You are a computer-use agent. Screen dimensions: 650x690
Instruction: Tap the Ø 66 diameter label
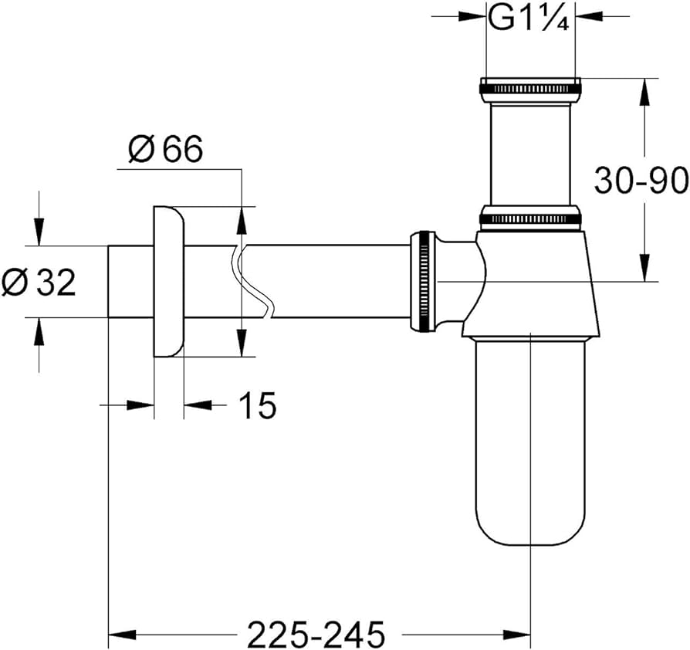click(x=166, y=150)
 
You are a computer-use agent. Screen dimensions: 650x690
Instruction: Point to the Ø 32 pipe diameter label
click(x=39, y=283)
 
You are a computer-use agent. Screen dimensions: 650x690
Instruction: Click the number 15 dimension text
click(x=257, y=405)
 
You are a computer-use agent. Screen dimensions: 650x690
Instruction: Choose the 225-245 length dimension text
click(x=315, y=635)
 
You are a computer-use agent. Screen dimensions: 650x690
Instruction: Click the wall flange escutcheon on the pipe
click(x=169, y=282)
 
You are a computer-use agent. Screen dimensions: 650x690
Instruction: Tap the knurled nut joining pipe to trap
click(x=423, y=281)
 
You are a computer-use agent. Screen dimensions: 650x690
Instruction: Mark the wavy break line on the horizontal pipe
click(x=252, y=281)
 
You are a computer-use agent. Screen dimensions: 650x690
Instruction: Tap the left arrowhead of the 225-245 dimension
click(x=120, y=635)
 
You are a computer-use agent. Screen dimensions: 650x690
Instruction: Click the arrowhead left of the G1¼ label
click(x=472, y=15)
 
